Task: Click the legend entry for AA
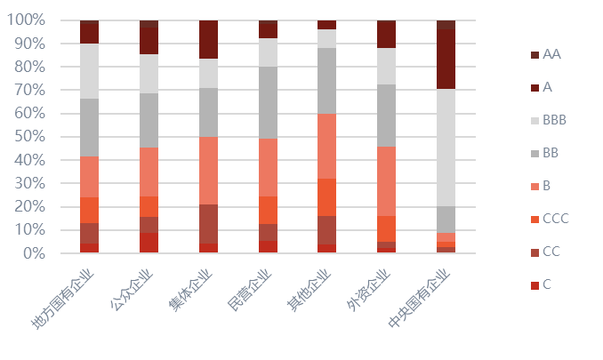point(551,54)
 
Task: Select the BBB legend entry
point(554,120)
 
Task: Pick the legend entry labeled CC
point(551,252)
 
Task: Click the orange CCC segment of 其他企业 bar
point(327,197)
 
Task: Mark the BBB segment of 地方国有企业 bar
point(89,71)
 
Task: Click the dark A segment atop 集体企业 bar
point(208,39)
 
